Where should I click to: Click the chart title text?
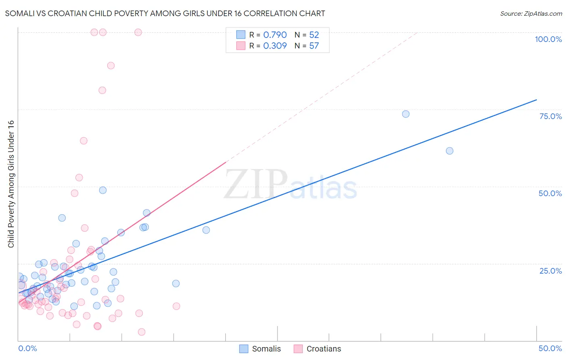[x=165, y=14]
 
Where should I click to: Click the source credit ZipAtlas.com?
[x=531, y=14]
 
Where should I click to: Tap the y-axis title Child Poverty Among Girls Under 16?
[x=11, y=184]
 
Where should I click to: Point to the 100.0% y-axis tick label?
[x=548, y=39]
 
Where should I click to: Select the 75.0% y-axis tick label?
[x=550, y=116]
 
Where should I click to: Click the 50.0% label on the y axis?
[x=550, y=193]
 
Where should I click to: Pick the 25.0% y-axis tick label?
[x=550, y=270]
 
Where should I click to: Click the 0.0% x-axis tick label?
[x=27, y=348]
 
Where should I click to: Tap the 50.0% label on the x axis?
[x=550, y=348]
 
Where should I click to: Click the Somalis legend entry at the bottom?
[x=260, y=349]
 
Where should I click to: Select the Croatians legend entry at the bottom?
[x=318, y=349]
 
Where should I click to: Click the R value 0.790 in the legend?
[x=275, y=35]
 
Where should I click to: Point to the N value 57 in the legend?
[x=314, y=46]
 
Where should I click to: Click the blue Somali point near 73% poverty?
[x=406, y=114]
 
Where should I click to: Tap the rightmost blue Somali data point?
[x=450, y=151]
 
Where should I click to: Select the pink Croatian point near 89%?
[x=111, y=65]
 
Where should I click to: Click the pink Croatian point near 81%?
[x=102, y=90]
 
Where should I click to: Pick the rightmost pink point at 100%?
[x=138, y=32]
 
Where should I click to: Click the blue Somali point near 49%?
[x=103, y=190]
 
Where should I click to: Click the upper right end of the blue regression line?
[x=536, y=99]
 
